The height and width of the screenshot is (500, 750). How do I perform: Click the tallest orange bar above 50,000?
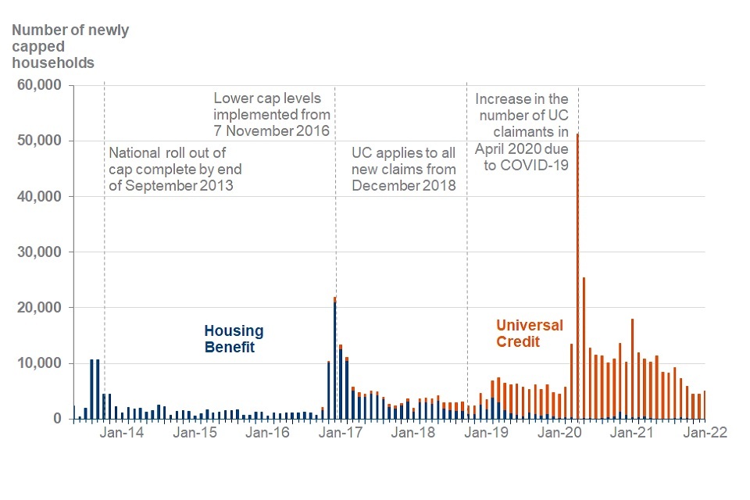coord(577,273)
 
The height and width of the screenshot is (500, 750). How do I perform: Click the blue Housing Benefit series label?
coord(234,339)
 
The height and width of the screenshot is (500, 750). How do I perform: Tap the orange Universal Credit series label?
coord(530,333)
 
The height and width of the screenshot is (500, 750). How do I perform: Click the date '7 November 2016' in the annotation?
coord(272,130)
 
